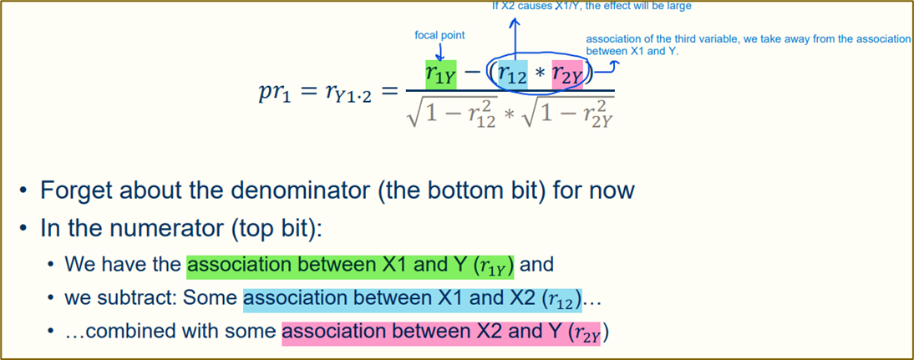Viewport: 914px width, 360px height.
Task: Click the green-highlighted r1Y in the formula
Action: [x=440, y=75]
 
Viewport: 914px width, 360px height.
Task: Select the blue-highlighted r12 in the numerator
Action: [x=512, y=75]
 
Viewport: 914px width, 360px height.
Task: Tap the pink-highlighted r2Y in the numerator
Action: [x=567, y=75]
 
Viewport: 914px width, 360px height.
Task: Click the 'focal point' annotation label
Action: [x=439, y=36]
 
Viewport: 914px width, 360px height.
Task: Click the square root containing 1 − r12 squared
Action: [x=451, y=113]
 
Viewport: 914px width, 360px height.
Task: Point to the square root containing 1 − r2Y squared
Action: [x=566, y=113]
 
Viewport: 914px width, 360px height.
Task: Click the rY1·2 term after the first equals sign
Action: [x=345, y=94]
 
